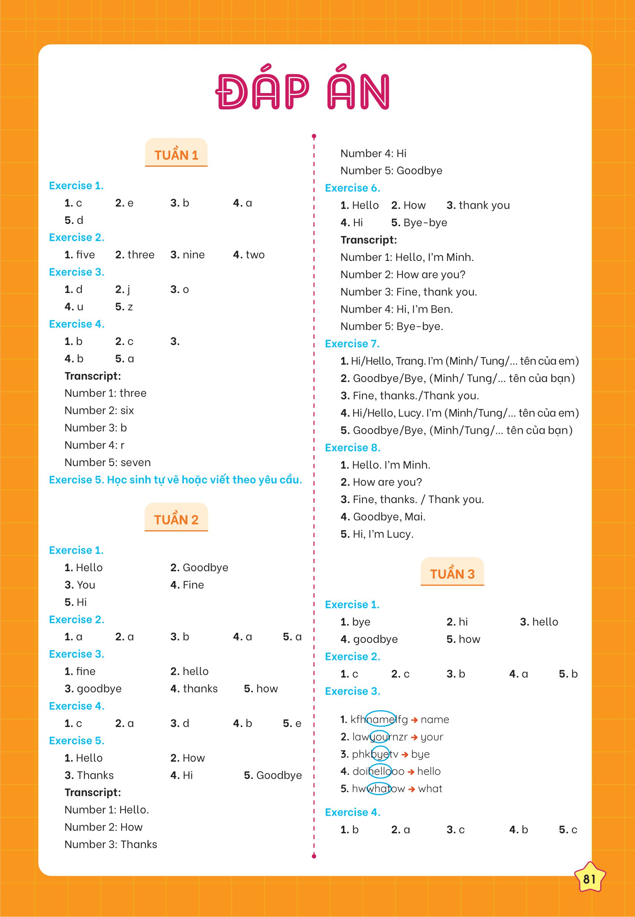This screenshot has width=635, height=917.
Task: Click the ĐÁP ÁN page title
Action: point(302,92)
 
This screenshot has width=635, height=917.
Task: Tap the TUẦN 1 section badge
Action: point(176,154)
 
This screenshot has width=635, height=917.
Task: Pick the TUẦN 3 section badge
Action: point(452,573)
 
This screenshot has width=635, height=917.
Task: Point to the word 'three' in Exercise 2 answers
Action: point(141,255)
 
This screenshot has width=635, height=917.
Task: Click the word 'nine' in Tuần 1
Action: point(193,255)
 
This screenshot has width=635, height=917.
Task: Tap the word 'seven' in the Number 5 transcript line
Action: point(136,462)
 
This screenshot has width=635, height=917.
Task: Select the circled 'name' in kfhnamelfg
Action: point(380,719)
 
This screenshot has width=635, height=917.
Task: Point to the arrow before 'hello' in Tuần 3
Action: point(411,771)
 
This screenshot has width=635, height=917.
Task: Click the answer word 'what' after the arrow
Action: point(430,789)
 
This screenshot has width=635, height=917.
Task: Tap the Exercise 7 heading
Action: point(352,343)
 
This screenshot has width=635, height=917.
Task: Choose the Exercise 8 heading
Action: point(353,447)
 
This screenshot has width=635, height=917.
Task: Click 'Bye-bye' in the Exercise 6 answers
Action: point(425,222)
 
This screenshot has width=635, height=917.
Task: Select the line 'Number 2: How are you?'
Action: point(403,275)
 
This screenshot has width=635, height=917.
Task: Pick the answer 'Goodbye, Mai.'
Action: point(389,517)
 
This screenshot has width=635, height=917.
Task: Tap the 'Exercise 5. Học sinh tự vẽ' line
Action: point(175,480)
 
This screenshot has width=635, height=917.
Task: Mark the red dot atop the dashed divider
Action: point(314,136)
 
